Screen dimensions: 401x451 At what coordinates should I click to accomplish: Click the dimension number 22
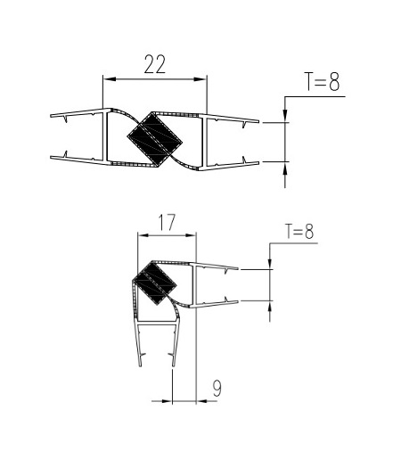(154, 64)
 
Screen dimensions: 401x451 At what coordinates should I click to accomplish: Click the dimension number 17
(167, 222)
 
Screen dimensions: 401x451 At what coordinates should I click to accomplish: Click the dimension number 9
(217, 388)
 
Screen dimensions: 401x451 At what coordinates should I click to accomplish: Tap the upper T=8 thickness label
(322, 81)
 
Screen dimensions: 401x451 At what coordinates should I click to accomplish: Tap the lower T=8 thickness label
(299, 232)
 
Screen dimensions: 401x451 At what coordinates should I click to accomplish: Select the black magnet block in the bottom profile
(154, 283)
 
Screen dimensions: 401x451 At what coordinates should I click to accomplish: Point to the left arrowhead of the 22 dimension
(109, 79)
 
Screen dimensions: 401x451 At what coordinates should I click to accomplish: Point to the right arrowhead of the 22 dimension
(200, 79)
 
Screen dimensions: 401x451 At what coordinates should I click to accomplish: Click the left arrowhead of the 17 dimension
(143, 235)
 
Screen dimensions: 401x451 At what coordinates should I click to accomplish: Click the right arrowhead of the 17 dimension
(191, 235)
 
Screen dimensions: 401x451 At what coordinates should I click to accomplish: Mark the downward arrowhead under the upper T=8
(285, 116)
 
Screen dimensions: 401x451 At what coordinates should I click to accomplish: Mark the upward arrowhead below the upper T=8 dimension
(285, 168)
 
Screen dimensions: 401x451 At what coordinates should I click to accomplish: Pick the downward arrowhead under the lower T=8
(270, 264)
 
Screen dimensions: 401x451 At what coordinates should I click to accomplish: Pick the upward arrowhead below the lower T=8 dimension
(270, 306)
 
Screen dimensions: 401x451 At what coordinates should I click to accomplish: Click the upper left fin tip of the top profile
(51, 115)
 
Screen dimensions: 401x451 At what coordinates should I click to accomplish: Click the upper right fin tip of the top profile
(258, 121)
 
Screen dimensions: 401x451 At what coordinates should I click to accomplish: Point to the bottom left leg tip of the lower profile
(140, 365)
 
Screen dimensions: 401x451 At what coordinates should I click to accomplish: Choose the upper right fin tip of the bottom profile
(237, 268)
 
